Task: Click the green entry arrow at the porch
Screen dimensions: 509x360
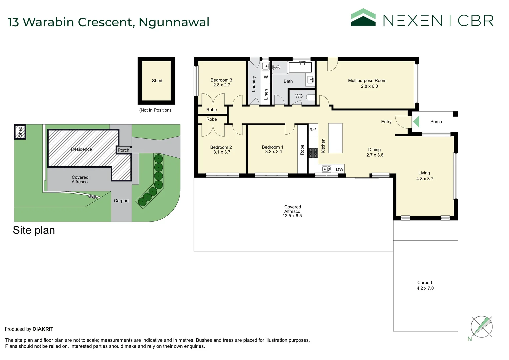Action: coord(416,121)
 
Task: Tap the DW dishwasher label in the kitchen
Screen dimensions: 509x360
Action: coord(340,169)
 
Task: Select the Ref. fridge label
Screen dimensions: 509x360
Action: coord(313,130)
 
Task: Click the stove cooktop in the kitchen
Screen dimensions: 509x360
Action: coord(313,153)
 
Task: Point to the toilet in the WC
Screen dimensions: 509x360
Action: coord(310,97)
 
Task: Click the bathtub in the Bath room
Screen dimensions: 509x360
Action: coord(300,67)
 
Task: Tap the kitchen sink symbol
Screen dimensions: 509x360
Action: coord(326,169)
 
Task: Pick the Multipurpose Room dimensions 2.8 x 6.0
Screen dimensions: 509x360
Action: coord(369,86)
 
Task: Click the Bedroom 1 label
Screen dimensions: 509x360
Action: coord(273,147)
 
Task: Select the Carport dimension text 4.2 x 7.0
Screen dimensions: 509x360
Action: coord(425,288)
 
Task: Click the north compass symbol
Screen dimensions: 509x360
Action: coord(481,327)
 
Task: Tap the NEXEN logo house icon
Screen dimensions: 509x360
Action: coord(363,17)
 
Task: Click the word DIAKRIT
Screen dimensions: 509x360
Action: coord(43,329)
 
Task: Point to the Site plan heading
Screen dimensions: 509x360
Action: coord(34,230)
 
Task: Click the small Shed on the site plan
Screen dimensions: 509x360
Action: coord(20,132)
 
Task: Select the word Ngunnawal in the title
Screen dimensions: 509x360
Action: coord(174,22)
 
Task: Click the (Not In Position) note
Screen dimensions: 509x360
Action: coord(155,110)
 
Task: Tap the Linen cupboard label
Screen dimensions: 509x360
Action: coord(266,94)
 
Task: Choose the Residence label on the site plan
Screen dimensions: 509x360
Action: coord(81,149)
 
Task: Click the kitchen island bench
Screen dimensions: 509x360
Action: coord(335,138)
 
